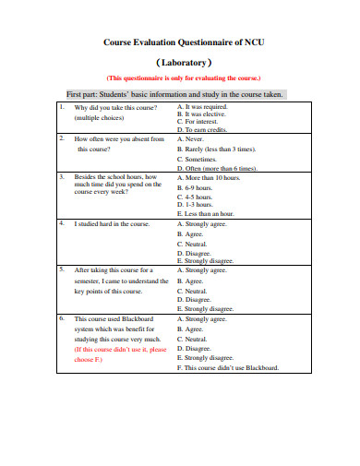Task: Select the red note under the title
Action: (184, 78)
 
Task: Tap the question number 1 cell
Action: (62, 107)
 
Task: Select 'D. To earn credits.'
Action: (202, 130)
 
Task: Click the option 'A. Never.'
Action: (189, 138)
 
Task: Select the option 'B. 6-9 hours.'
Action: (195, 186)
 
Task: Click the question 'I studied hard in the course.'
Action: (112, 223)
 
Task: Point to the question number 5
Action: (62, 270)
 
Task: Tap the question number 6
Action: (62, 318)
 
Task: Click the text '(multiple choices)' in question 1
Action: (100, 118)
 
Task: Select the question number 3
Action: (62, 175)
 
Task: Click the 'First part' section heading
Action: (174, 94)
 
